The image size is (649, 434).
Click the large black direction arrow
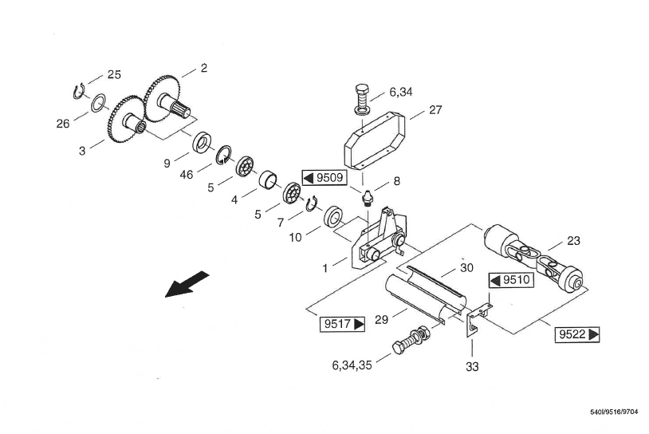click(187, 284)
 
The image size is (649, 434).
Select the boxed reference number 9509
click(324, 178)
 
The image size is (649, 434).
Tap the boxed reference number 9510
click(511, 280)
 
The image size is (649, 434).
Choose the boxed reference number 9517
click(343, 324)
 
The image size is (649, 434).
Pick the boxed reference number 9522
click(577, 334)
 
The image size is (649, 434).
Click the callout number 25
click(114, 74)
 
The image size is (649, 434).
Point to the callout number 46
click(187, 175)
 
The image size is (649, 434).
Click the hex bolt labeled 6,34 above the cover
click(362, 100)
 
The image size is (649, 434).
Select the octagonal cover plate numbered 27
click(374, 140)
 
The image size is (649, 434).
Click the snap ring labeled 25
click(79, 92)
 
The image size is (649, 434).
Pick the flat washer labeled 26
click(98, 103)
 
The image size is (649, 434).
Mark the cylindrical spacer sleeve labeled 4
click(267, 181)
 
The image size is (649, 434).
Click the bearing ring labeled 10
click(333, 216)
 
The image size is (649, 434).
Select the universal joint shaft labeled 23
click(534, 258)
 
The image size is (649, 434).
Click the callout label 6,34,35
click(352, 365)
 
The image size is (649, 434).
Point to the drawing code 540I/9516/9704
click(614, 412)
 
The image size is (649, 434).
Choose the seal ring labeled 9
click(202, 143)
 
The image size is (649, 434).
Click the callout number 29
click(381, 320)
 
